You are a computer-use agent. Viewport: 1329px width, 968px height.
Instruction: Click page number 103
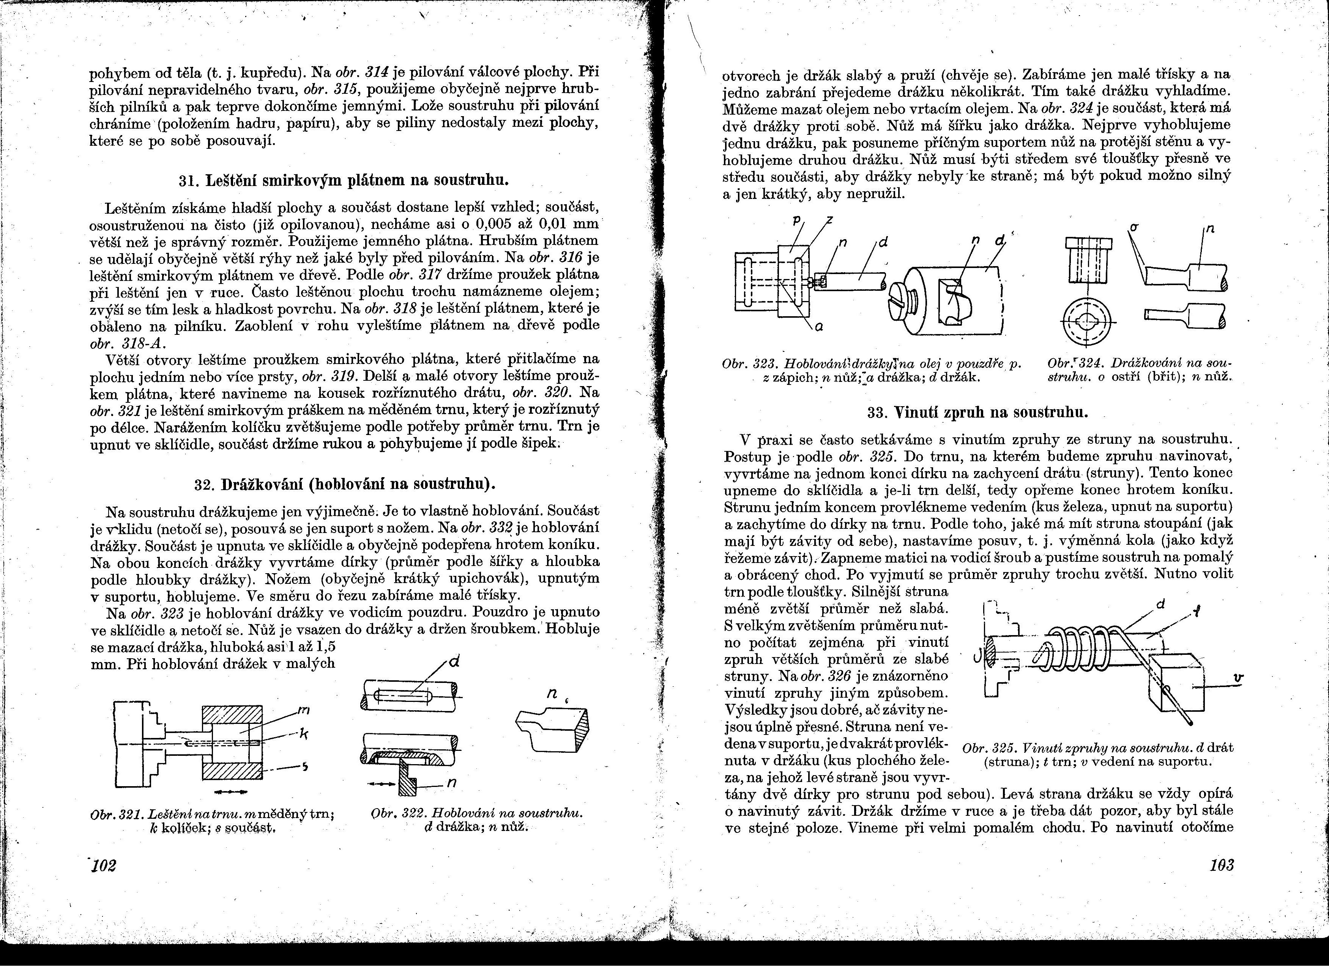1221,865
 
